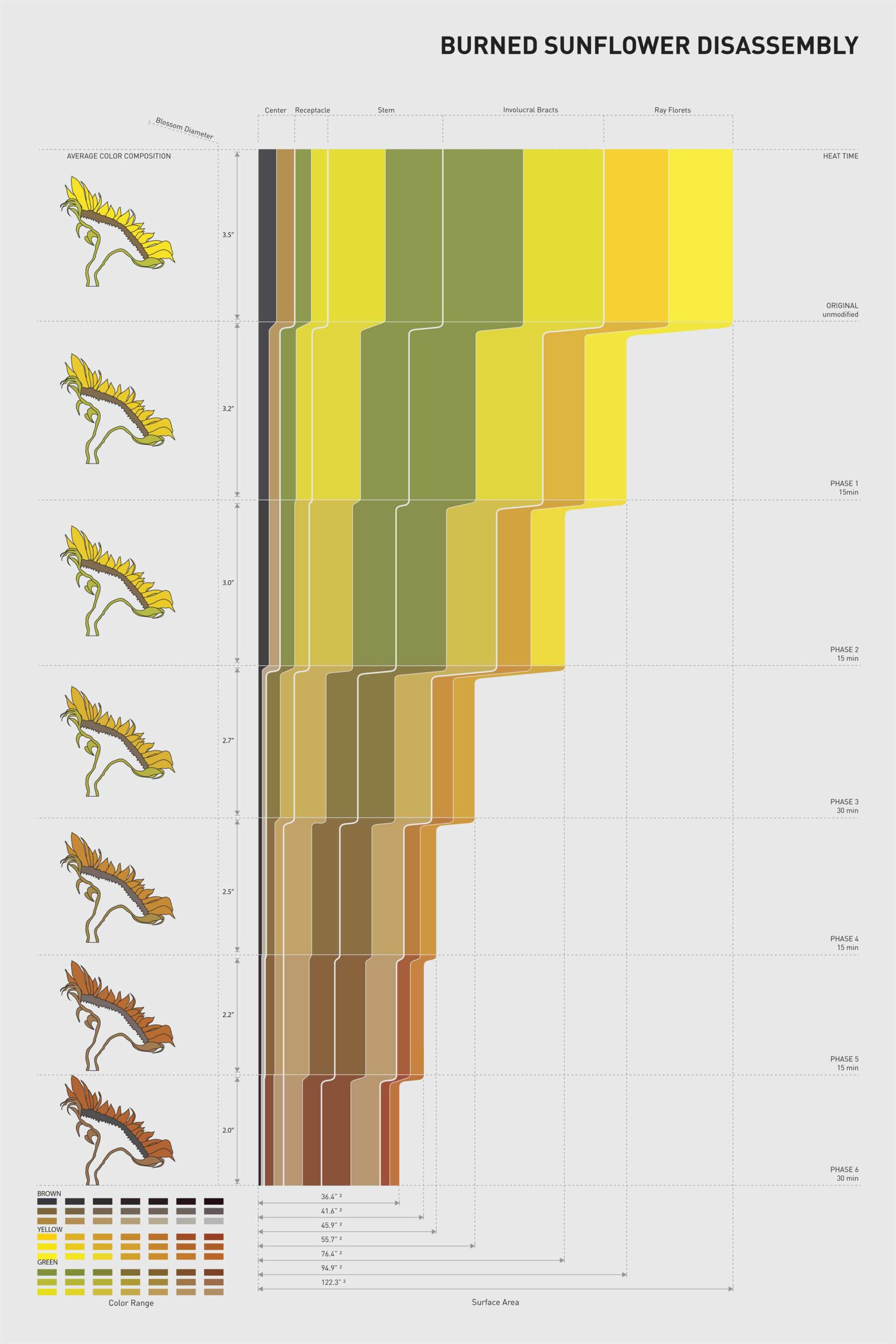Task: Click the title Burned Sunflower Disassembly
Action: (x=649, y=46)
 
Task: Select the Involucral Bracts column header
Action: (x=530, y=109)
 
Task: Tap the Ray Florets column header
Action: (x=672, y=109)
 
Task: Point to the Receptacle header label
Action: (x=312, y=110)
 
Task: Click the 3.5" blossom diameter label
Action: (x=228, y=235)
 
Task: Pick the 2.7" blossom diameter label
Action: (x=228, y=740)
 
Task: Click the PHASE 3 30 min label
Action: (x=843, y=806)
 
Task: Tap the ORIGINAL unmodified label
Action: (x=841, y=310)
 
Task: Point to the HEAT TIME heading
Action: (x=840, y=156)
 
